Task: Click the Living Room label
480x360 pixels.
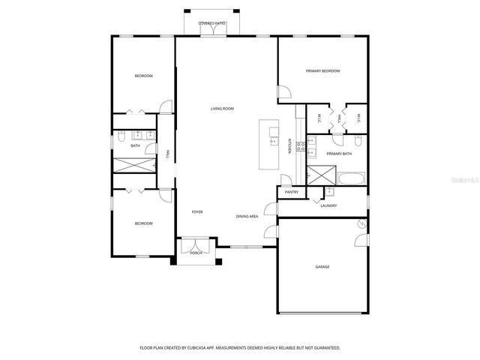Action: click(x=222, y=109)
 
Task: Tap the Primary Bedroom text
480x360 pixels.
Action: click(x=322, y=71)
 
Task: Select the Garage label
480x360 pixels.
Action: click(x=322, y=267)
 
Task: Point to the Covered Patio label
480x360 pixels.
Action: click(x=211, y=24)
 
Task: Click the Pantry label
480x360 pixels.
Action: click(x=292, y=192)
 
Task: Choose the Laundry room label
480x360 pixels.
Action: click(x=328, y=205)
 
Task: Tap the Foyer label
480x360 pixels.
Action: click(x=197, y=211)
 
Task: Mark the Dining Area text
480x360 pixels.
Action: click(x=247, y=216)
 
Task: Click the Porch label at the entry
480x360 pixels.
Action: click(x=196, y=253)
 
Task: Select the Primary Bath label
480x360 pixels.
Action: click(x=339, y=154)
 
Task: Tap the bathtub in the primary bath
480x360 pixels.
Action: click(x=351, y=179)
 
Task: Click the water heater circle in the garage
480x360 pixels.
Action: click(x=362, y=223)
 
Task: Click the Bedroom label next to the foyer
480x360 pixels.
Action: click(x=143, y=223)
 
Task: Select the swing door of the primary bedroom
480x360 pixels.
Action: click(x=283, y=94)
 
